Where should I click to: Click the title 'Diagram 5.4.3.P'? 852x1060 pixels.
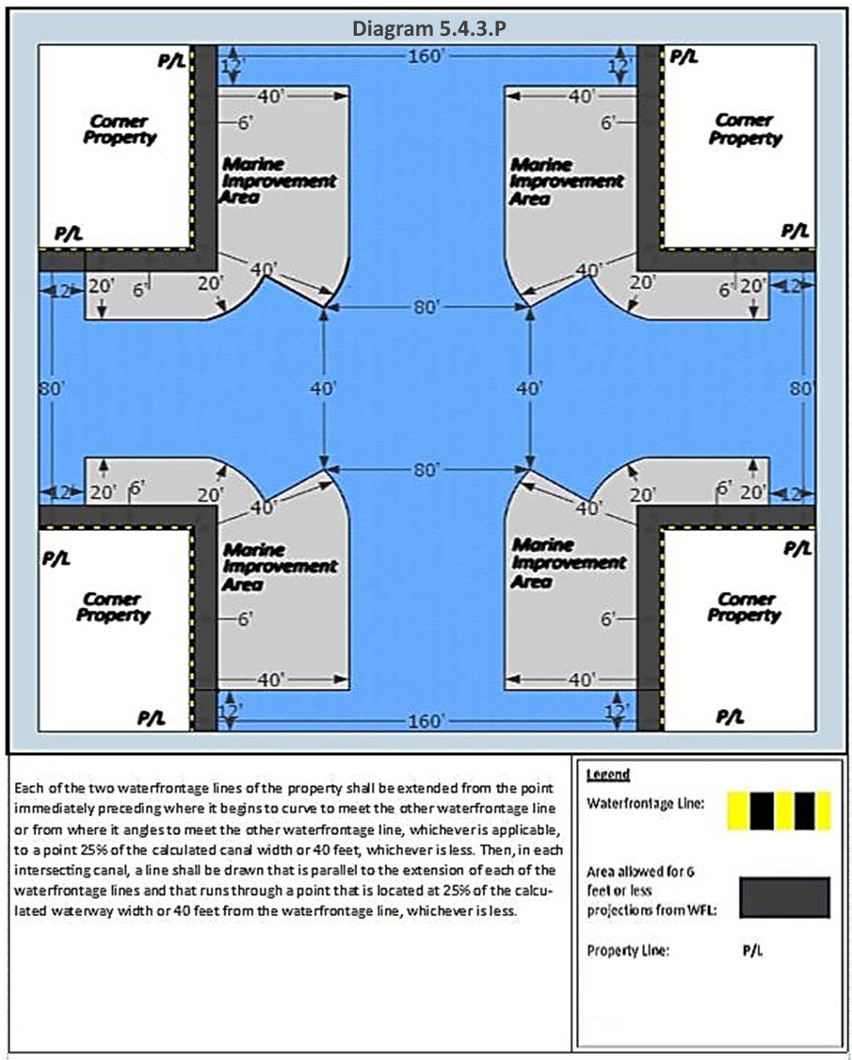click(x=429, y=27)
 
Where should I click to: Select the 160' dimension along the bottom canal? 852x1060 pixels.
click(x=426, y=720)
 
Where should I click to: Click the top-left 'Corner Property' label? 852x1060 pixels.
click(x=120, y=129)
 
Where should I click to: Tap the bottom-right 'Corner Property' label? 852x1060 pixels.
click(x=745, y=606)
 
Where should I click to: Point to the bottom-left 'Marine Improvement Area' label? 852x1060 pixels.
click(x=279, y=566)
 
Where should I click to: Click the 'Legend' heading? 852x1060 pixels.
click(x=607, y=775)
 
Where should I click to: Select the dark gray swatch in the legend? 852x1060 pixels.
click(x=783, y=896)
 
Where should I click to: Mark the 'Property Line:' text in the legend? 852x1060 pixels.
click(x=627, y=950)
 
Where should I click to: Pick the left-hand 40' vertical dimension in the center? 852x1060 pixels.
click(x=324, y=387)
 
